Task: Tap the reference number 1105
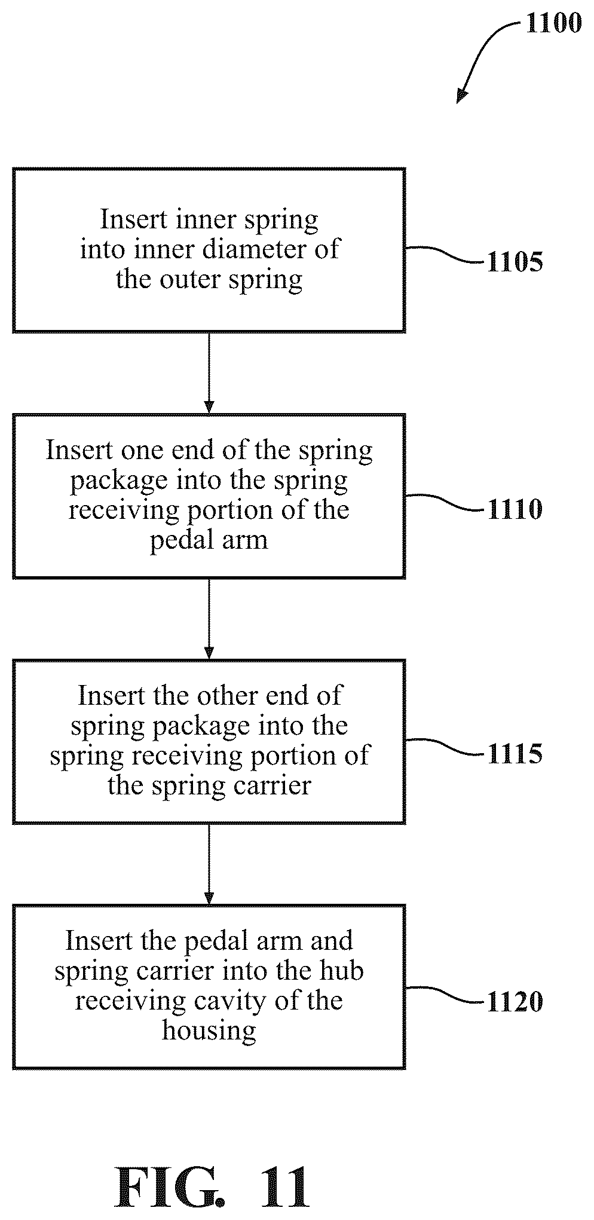(x=515, y=262)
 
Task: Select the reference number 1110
(x=515, y=509)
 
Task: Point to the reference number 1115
(x=515, y=754)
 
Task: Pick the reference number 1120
(x=515, y=1002)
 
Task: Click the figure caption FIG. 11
(x=213, y=1188)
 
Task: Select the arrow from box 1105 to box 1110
(x=209, y=372)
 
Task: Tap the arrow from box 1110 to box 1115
(x=209, y=618)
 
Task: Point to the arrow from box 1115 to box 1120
(x=209, y=864)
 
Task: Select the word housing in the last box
(x=209, y=1031)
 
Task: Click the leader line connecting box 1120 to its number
(x=446, y=995)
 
